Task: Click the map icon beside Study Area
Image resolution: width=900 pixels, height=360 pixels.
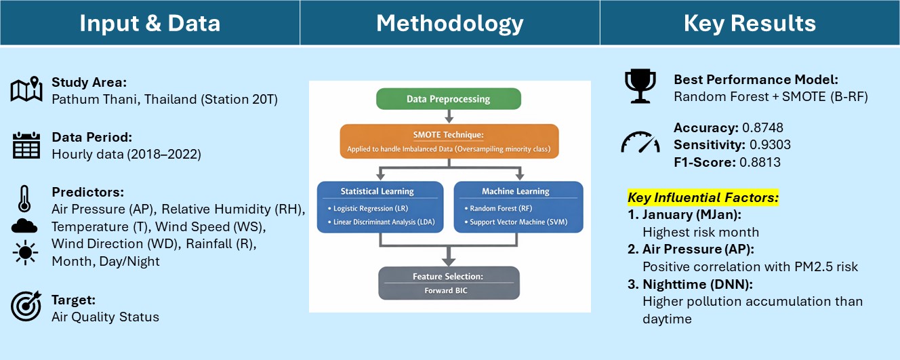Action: pyautogui.click(x=26, y=89)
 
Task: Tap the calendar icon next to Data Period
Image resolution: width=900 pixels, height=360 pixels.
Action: pyautogui.click(x=26, y=145)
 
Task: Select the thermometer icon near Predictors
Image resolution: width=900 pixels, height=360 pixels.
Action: pyautogui.click(x=24, y=199)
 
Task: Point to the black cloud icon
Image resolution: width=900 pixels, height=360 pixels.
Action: pyautogui.click(x=24, y=226)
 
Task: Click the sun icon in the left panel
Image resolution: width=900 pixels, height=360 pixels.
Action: pyautogui.click(x=25, y=252)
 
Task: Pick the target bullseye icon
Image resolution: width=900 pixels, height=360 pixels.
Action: pyautogui.click(x=26, y=306)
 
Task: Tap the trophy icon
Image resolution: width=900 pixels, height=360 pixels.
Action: pyautogui.click(x=640, y=86)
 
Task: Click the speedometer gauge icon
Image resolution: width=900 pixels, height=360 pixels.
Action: pyautogui.click(x=640, y=142)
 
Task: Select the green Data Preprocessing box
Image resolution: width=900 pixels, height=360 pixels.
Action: pyautogui.click(x=449, y=99)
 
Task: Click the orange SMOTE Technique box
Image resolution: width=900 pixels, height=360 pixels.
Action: pyautogui.click(x=449, y=141)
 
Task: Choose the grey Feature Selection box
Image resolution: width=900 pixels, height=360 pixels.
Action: pyautogui.click(x=449, y=283)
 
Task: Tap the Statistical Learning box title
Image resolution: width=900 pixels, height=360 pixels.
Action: pyautogui.click(x=377, y=191)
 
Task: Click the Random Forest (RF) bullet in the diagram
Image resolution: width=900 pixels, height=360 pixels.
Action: pyautogui.click(x=498, y=208)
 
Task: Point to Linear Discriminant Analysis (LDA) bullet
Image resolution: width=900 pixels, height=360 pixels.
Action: pyautogui.click(x=382, y=222)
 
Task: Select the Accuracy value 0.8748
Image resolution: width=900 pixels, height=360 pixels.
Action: pyautogui.click(x=762, y=127)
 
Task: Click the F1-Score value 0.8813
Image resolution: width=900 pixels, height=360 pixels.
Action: pyautogui.click(x=760, y=162)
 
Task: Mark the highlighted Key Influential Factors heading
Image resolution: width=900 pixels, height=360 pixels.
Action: pyautogui.click(x=703, y=198)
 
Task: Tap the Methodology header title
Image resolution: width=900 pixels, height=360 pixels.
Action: pyautogui.click(x=449, y=23)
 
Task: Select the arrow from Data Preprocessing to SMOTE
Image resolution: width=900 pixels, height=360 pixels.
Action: pyautogui.click(x=449, y=116)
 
